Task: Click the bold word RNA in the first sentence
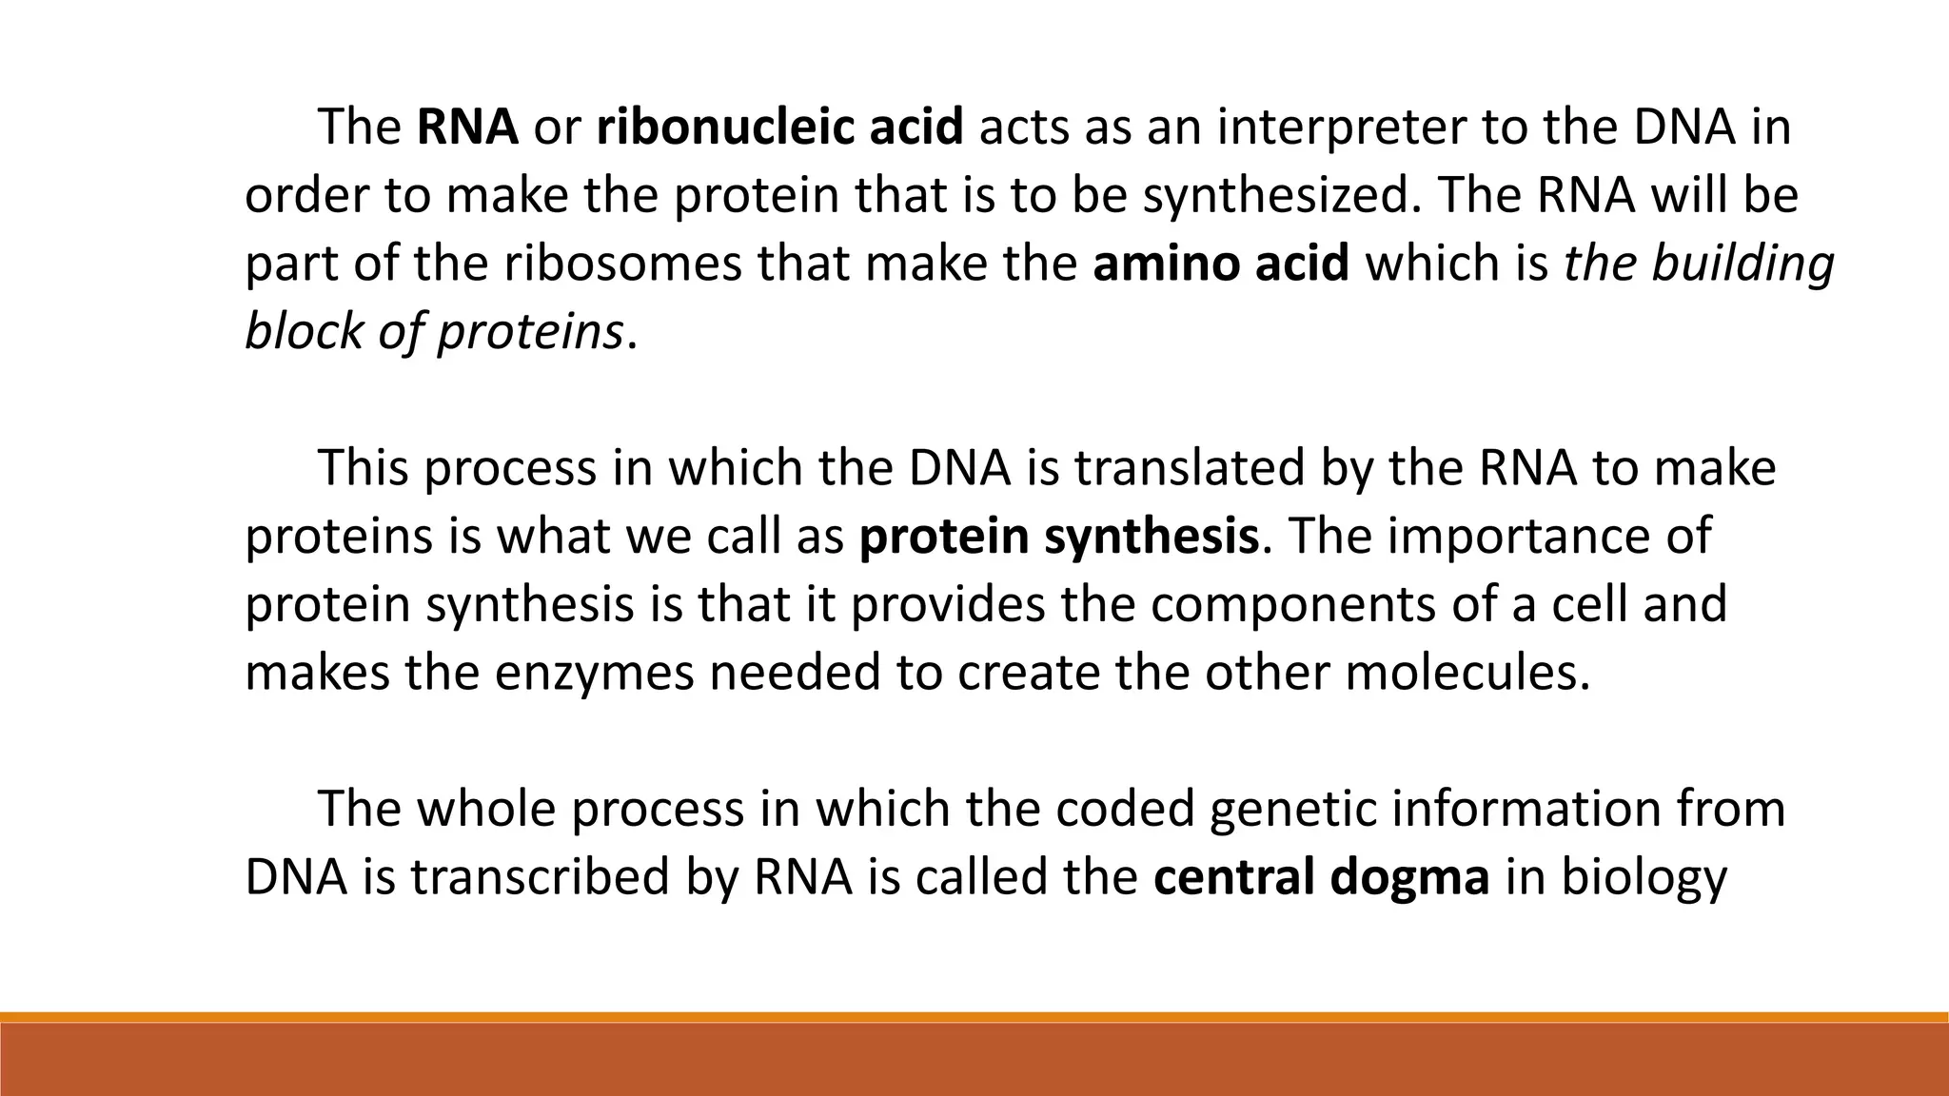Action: pos(467,127)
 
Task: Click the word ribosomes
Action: pos(622,264)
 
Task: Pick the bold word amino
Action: pos(1167,264)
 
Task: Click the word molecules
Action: pos(1467,673)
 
